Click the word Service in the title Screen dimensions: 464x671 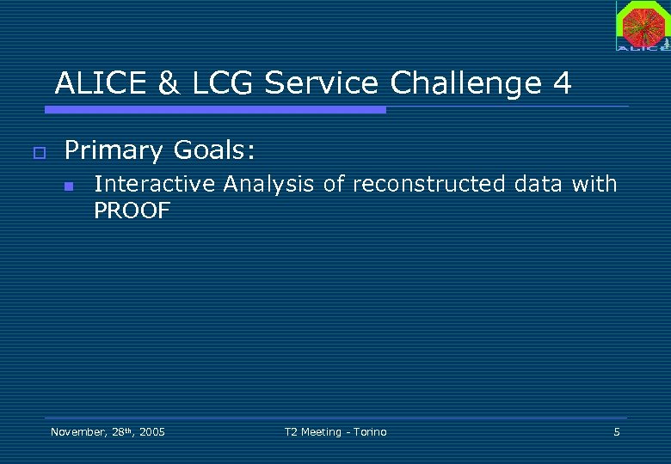click(321, 83)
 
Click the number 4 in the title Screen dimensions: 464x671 click(562, 83)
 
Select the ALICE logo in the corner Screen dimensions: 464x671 click(642, 26)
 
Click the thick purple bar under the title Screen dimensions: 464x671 click(215, 110)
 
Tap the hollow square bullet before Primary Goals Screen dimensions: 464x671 click(38, 153)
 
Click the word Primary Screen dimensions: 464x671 click(114, 151)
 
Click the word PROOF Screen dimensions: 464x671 click(132, 211)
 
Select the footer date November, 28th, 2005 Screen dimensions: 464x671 click(108, 431)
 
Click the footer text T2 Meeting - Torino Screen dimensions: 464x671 click(335, 431)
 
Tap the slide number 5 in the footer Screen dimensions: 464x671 click(616, 431)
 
